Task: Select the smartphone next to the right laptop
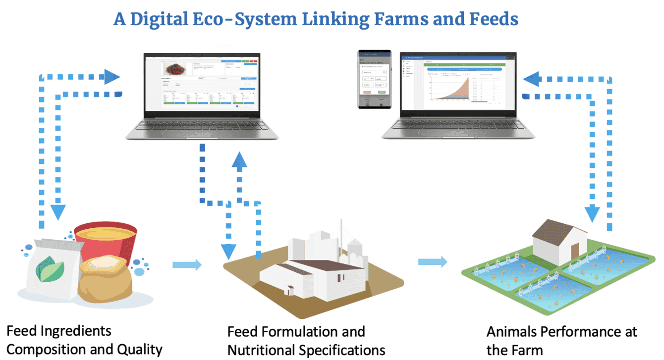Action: click(x=374, y=79)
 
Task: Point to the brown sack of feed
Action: click(x=106, y=280)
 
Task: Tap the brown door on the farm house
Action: click(x=574, y=252)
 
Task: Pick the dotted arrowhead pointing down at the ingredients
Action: click(x=57, y=211)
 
